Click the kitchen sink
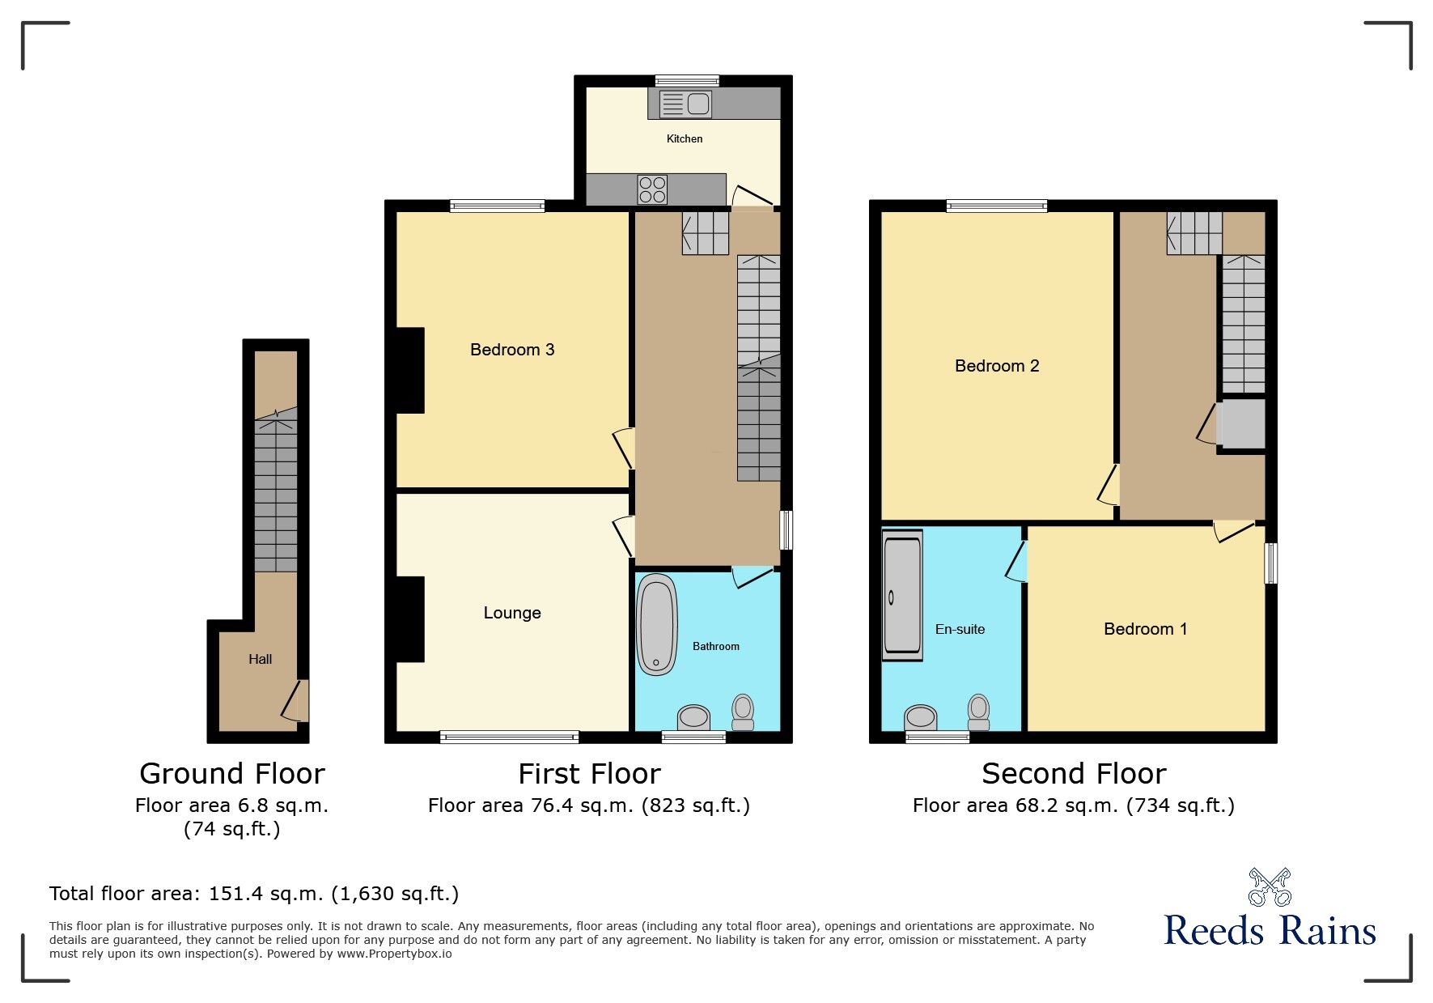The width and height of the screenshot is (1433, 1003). point(686,104)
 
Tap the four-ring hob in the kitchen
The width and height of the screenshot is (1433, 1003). point(652,189)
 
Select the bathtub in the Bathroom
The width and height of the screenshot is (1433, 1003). point(656,624)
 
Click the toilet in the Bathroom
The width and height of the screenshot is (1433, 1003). point(743,711)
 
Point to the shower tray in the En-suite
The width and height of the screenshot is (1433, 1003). point(902,595)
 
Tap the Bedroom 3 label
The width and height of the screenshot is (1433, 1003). point(512,350)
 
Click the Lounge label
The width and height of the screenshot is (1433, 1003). point(512,613)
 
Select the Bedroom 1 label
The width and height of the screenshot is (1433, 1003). point(1145,629)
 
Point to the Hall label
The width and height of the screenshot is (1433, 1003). point(260,659)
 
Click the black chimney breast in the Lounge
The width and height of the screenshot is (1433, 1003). point(410,618)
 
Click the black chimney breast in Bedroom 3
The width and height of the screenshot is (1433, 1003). point(410,370)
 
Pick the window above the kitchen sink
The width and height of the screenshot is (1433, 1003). point(686,80)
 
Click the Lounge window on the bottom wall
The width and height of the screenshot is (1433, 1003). point(509,737)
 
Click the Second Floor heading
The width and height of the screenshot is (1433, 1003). point(1074,773)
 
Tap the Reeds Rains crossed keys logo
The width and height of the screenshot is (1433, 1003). point(1270,887)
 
